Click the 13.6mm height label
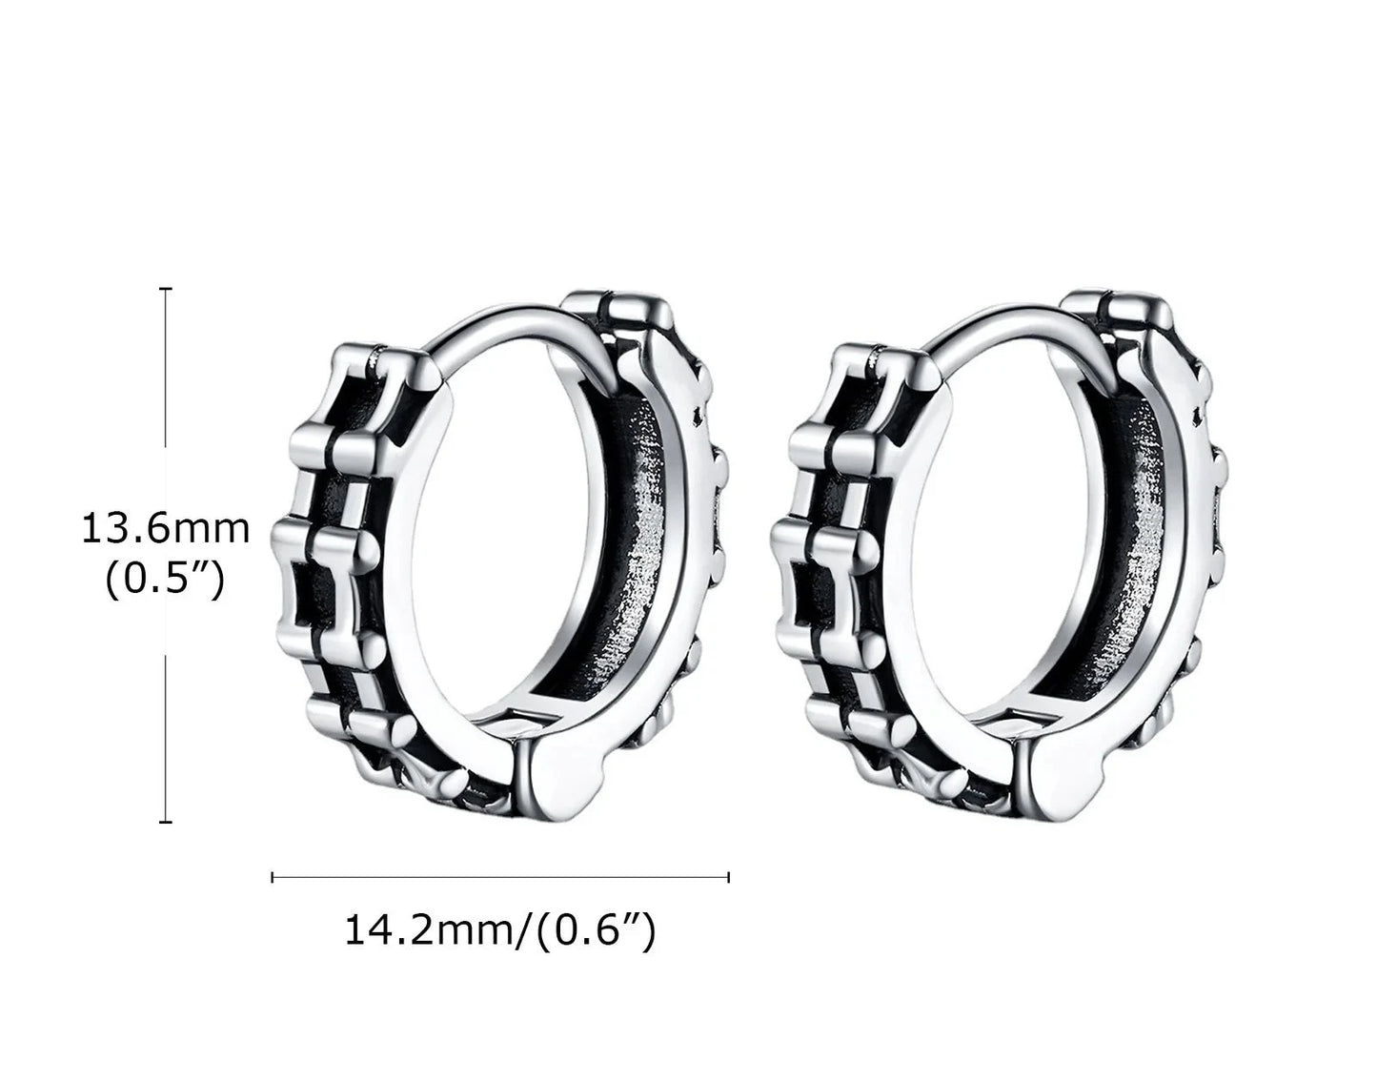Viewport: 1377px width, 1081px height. point(166,529)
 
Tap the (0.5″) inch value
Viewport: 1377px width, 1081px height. point(165,581)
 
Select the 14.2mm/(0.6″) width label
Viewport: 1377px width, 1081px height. point(500,931)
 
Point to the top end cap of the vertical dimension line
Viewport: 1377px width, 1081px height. point(166,289)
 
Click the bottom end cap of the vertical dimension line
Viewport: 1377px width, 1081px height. point(166,822)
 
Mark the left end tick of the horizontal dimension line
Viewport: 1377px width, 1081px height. point(273,877)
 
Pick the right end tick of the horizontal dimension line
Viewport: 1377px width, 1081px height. point(729,877)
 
